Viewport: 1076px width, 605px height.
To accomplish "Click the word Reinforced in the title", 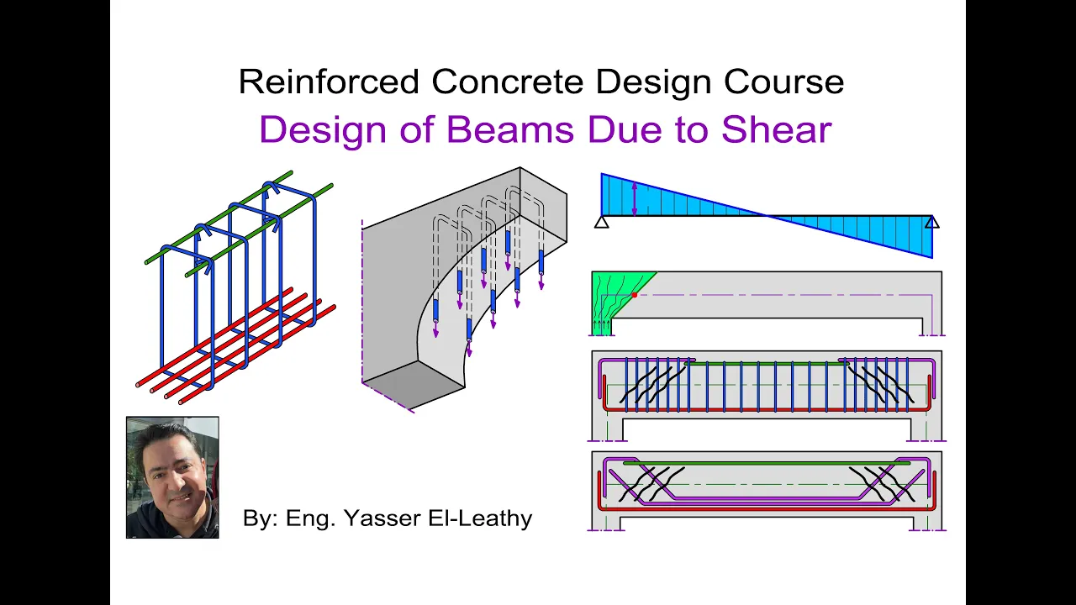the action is click(329, 82).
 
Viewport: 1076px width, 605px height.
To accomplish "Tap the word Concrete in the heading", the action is click(508, 82).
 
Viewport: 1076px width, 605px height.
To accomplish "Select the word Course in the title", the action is click(784, 82).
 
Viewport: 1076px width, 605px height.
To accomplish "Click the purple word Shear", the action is click(777, 129).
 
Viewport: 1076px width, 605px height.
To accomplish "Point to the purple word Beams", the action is click(510, 129).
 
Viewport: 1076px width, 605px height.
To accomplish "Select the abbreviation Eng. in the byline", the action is click(311, 519).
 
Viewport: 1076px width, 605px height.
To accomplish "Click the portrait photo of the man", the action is click(172, 477).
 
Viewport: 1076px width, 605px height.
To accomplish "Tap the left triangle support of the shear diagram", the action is click(601, 222).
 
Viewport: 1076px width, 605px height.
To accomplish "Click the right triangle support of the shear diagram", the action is click(932, 222).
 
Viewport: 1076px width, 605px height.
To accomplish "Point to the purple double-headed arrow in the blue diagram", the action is click(635, 199).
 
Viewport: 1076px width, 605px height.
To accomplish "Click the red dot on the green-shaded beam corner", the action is click(635, 295).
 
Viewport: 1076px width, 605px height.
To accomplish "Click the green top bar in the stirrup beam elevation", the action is click(767, 364).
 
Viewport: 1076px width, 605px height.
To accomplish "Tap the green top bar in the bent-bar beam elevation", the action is click(767, 463).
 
